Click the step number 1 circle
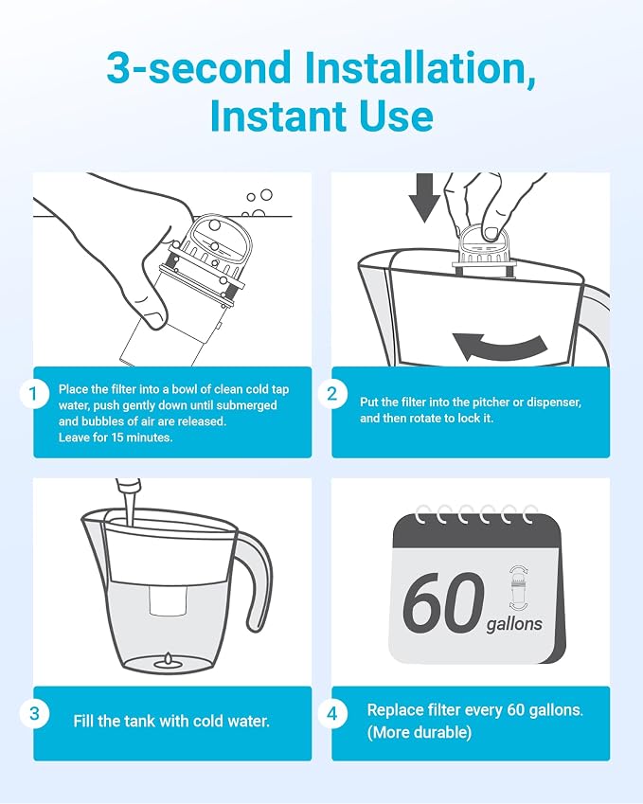click(34, 394)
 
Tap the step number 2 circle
click(332, 394)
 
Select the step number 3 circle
click(34, 713)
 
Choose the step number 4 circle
click(332, 713)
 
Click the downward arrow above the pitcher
click(424, 197)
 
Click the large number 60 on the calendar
click(443, 602)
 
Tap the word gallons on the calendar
click(514, 624)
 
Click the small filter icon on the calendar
click(519, 588)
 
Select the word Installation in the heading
click(420, 67)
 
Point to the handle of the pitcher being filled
click(259, 580)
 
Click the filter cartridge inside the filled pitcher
click(168, 600)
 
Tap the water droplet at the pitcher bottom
click(168, 661)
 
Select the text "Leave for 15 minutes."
click(116, 438)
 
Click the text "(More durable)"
click(419, 732)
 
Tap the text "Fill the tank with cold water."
click(171, 721)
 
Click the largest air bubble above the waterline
click(266, 195)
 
